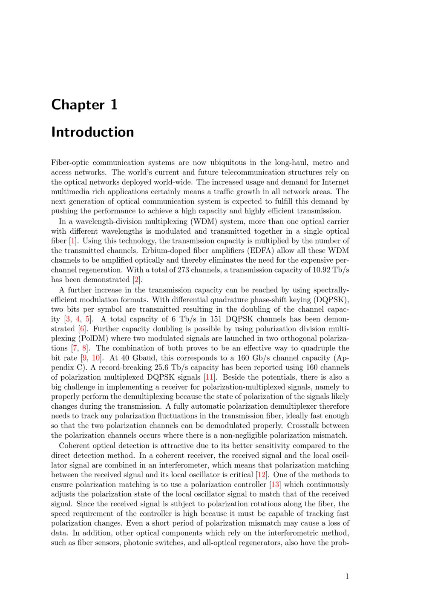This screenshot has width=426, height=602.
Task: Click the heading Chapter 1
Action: coord(84,105)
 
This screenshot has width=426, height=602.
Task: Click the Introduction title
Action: coord(92,132)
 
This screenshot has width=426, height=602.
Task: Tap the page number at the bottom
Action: coord(347,576)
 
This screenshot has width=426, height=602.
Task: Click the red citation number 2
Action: coord(136,280)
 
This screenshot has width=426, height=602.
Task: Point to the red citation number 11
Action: coord(209,377)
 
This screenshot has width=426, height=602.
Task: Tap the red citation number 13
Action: coord(275,484)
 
